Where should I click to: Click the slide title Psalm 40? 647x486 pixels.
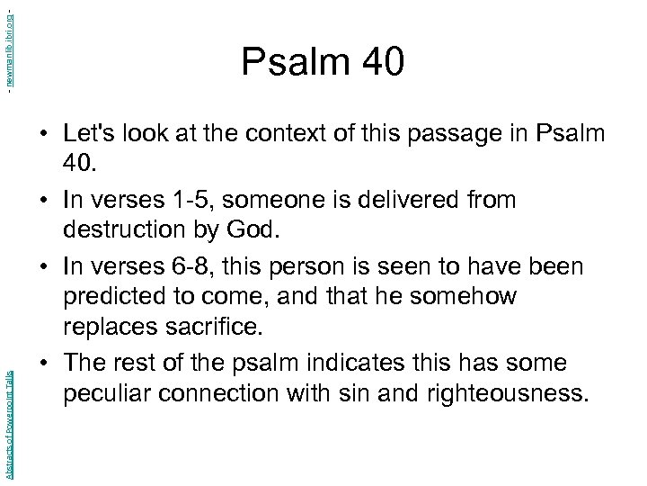point(323,62)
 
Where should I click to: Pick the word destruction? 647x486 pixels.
point(128,230)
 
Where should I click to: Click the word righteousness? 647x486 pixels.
point(491,393)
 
